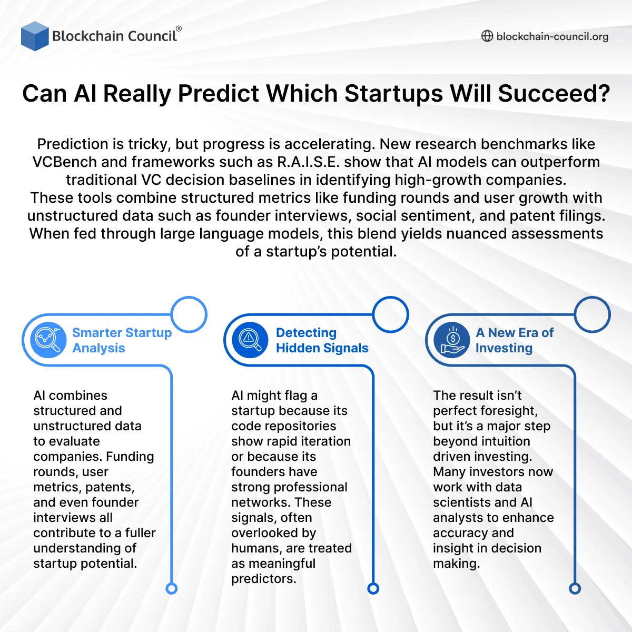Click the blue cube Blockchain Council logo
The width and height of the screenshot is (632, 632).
tap(35, 36)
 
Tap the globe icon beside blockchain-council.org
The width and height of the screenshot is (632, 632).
tap(487, 36)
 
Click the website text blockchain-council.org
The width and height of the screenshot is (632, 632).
tap(552, 36)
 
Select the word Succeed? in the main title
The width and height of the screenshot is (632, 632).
tap(554, 94)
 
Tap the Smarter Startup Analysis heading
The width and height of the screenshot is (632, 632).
tap(122, 340)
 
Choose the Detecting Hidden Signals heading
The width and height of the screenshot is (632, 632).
tap(322, 340)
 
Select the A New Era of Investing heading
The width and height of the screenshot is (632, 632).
tap(515, 340)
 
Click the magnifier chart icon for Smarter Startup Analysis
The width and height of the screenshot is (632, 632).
tap(48, 340)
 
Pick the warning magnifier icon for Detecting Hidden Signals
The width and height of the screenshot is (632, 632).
tap(250, 340)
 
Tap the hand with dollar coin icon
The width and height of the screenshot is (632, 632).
tap(452, 340)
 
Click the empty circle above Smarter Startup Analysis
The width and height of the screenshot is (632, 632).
tap(189, 314)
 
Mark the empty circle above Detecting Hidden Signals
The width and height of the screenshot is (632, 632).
tap(391, 314)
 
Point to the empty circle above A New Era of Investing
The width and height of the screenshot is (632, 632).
tap(592, 314)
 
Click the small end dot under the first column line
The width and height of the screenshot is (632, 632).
tap(172, 588)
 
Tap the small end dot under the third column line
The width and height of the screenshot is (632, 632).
tap(575, 588)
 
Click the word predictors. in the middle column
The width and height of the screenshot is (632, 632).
tap(263, 579)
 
